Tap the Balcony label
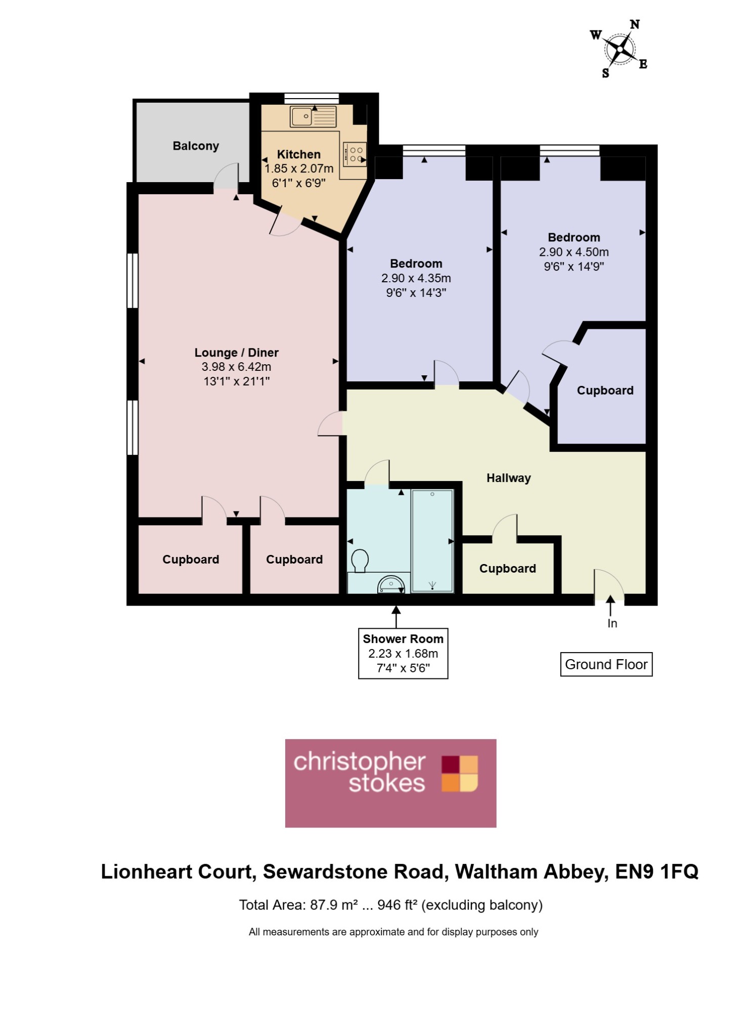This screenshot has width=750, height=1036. click(x=196, y=146)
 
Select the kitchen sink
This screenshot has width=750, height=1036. click(x=313, y=116)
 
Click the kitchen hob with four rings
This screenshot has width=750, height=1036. click(x=355, y=154)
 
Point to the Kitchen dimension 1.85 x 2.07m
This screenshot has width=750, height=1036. click(x=299, y=168)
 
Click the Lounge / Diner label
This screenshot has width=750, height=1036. click(x=237, y=353)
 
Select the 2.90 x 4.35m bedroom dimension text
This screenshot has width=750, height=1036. click(x=416, y=278)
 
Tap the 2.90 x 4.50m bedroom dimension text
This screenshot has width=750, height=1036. click(x=574, y=252)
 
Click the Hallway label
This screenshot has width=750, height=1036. click(x=509, y=478)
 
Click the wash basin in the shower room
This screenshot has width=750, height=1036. click(x=391, y=585)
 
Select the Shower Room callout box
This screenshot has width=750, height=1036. click(x=403, y=654)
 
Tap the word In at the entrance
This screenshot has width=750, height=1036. click(x=612, y=624)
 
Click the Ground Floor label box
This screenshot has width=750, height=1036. click(x=606, y=665)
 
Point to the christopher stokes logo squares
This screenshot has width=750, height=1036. click(x=460, y=773)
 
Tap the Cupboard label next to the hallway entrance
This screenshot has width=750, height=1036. click(x=508, y=569)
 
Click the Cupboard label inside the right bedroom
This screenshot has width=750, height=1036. click(x=605, y=391)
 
